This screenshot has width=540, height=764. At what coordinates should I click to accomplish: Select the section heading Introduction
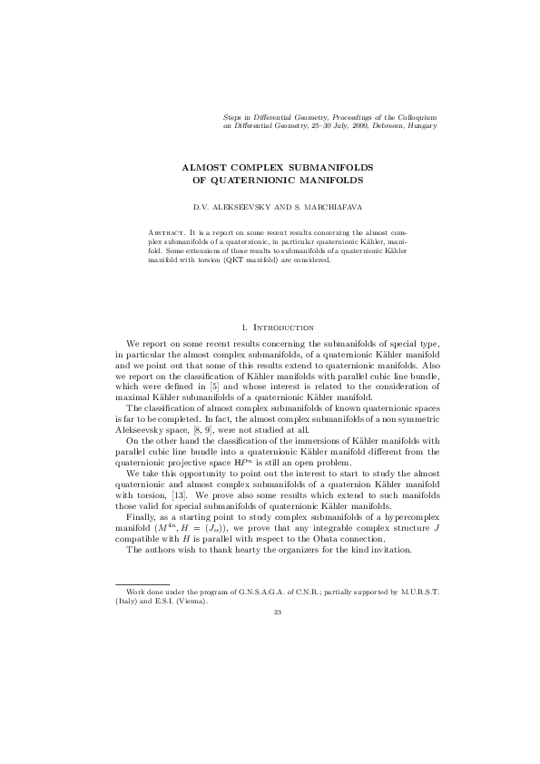point(285,326)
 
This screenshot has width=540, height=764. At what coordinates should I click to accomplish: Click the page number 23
point(278,612)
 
